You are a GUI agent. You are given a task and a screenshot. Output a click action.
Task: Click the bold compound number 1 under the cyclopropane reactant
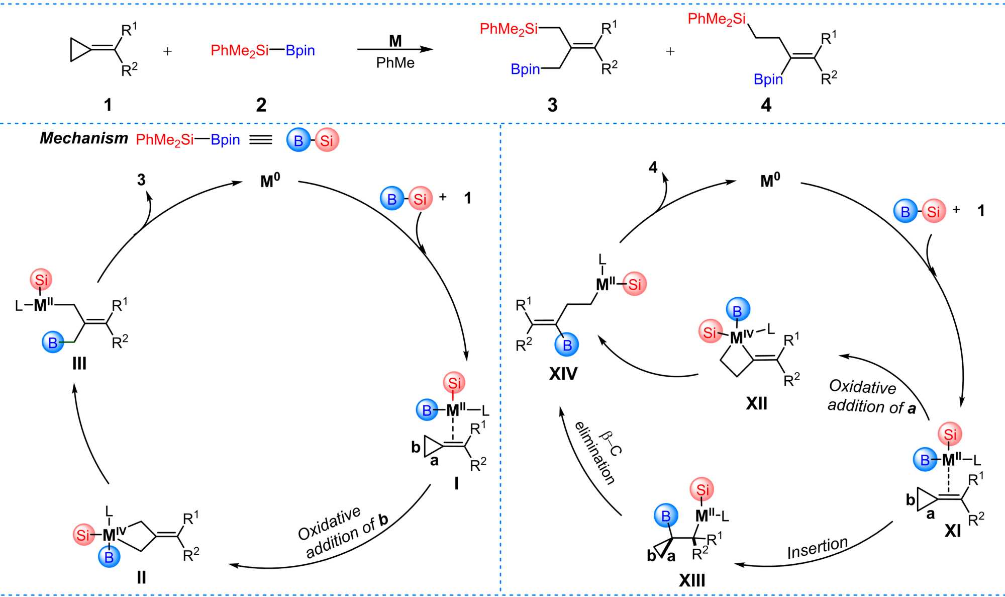click(108, 105)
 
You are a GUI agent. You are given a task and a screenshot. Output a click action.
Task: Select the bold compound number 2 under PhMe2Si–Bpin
click(261, 105)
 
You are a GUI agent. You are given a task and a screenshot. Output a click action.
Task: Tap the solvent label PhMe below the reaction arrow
click(395, 63)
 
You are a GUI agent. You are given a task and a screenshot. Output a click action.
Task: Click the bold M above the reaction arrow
click(395, 41)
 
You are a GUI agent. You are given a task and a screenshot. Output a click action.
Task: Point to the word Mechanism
click(84, 138)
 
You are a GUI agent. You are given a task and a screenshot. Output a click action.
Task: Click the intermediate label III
click(79, 363)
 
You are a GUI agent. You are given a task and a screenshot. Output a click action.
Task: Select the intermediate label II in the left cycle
click(141, 577)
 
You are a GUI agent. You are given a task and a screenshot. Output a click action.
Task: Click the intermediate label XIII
click(692, 580)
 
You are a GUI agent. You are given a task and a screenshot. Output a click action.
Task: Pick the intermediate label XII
click(756, 403)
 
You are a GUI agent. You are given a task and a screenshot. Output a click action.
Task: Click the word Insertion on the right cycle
click(818, 548)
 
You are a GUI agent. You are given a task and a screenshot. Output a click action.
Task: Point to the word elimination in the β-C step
click(595, 453)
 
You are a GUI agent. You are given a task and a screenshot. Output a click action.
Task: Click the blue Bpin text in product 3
click(525, 69)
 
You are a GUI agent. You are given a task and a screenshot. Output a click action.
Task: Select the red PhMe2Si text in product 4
click(717, 19)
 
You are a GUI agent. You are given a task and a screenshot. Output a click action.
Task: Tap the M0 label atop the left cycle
click(270, 181)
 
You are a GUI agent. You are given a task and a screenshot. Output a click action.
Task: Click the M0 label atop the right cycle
click(770, 181)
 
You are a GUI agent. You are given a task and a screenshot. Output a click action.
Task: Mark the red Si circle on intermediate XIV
click(635, 284)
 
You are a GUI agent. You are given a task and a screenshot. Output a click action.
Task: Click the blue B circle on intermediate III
click(53, 343)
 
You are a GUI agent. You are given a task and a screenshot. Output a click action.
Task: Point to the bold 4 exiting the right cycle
click(653, 167)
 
